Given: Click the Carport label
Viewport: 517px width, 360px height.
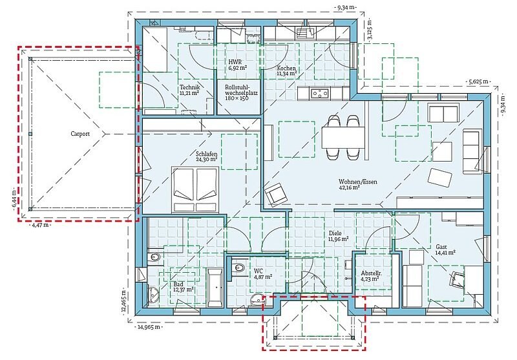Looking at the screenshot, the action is point(80,134).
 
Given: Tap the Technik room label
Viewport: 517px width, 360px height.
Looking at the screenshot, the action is point(190,87).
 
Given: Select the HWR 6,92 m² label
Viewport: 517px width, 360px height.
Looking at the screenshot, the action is point(238,65).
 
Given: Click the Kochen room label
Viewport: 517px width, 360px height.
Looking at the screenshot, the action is point(286,69).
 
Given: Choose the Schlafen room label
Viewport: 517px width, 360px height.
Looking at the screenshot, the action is point(206,154).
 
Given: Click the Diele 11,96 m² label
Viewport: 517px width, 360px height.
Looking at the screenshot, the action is point(339,236).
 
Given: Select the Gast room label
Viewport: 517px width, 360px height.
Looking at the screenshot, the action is point(441,247).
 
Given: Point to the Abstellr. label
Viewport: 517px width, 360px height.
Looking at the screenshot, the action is point(371,273).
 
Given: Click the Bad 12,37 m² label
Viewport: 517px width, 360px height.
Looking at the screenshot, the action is point(183,287).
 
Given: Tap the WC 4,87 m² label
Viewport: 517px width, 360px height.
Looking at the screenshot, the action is point(263,273).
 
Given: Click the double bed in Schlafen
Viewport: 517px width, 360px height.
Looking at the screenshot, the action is point(195,189).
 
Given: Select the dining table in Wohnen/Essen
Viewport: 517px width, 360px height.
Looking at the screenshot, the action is point(343,138).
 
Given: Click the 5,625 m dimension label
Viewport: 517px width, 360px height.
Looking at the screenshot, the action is point(478,81).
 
